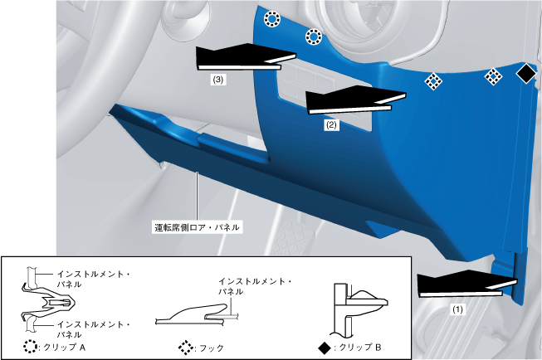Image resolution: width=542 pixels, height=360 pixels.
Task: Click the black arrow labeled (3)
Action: click(x=241, y=57)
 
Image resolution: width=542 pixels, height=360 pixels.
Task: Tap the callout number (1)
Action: click(x=457, y=308)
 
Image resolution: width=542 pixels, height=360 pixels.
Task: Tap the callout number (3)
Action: click(x=218, y=81)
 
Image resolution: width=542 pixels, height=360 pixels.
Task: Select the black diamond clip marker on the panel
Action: click(x=525, y=74)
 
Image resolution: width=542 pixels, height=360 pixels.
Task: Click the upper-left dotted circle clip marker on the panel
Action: click(x=271, y=19)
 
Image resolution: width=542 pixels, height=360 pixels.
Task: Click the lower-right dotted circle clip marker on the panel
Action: click(x=314, y=36)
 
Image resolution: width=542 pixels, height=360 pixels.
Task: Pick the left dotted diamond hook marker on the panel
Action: click(x=432, y=80)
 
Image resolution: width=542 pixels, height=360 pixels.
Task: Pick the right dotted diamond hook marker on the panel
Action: click(x=493, y=76)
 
